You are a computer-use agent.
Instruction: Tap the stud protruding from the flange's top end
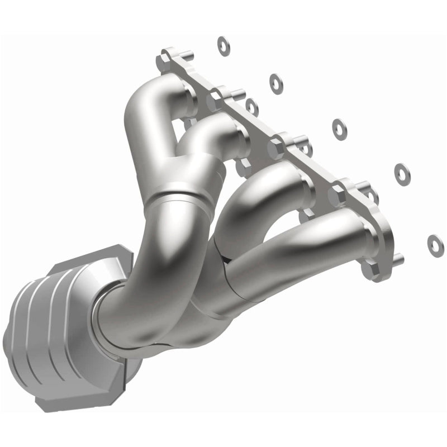click(188, 54)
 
